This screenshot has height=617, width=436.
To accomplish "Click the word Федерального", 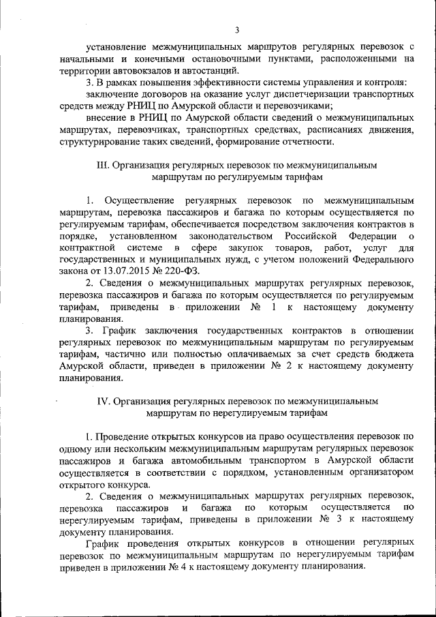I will coord(382,258).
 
